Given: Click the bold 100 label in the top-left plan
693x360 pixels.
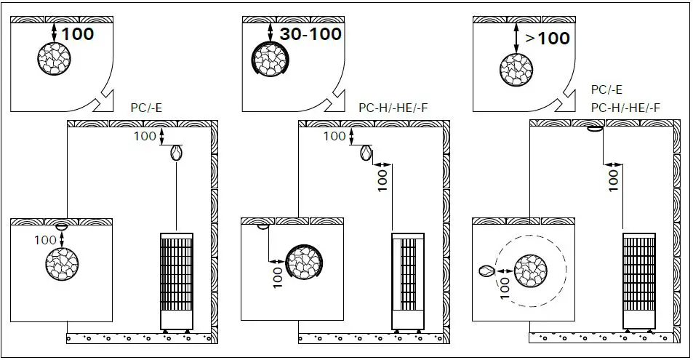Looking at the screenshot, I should click(x=78, y=33).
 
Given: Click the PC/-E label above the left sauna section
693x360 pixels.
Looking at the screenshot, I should click(x=145, y=108).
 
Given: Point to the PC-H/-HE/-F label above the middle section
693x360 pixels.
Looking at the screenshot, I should click(x=393, y=108).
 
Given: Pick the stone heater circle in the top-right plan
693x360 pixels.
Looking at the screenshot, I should click(x=516, y=70).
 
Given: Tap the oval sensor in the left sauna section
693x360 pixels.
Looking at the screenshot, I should click(x=176, y=153).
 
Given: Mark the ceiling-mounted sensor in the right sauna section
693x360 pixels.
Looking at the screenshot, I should click(x=594, y=130).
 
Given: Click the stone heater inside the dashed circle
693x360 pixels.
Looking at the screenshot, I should click(x=531, y=271).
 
